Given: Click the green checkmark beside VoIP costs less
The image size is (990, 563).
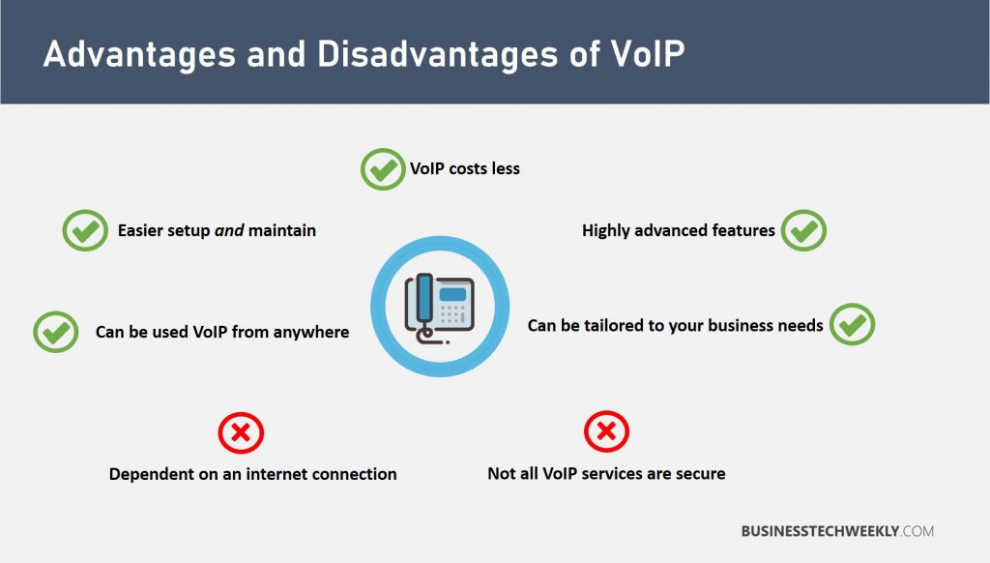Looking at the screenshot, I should pos(383,169).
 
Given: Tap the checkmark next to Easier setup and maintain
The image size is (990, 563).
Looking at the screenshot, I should pos(85,231).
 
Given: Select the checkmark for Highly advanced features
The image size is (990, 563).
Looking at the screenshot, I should pos(803,231).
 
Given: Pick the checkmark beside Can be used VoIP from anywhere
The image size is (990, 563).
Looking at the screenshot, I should pos(56,332).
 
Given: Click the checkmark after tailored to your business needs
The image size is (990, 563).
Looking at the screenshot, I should pos(852,325).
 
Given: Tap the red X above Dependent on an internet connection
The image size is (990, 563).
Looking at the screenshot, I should pos(241,431).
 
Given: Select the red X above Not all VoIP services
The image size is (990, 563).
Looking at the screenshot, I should pos(607,431).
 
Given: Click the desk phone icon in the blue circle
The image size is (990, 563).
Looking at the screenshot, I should pos(439,308).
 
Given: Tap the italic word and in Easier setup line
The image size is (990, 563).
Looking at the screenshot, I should pos(228,231).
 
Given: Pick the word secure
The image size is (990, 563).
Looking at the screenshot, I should pos(700,474).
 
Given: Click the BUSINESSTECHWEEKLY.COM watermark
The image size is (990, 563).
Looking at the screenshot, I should pos(837,531).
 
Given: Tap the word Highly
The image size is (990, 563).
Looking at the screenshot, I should pos(607,231).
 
